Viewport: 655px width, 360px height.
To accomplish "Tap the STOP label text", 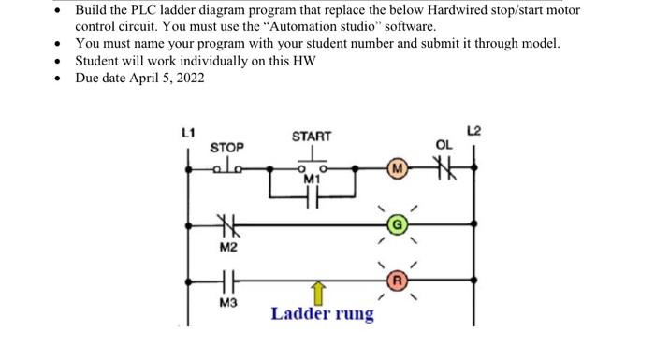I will tap(226, 148).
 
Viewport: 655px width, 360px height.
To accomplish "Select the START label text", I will tap(311, 136).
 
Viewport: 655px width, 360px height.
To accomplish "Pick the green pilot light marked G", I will tap(397, 224).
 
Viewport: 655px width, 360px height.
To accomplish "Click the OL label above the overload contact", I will tap(444, 145).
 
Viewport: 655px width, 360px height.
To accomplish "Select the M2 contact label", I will tap(228, 248).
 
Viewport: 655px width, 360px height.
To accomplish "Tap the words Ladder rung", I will tap(322, 313).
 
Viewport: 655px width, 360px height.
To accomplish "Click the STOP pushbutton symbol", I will tap(226, 167).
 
